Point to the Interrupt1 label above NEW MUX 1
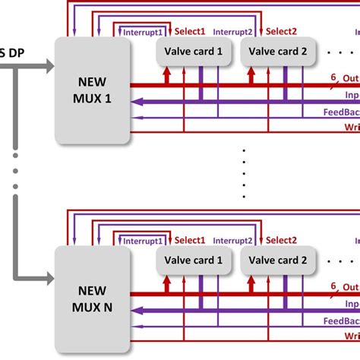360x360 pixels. point(142,32)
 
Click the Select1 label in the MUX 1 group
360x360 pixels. point(190,32)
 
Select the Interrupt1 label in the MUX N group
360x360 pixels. point(142,242)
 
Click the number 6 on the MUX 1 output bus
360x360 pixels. point(333,77)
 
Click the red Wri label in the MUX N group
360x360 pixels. point(352,335)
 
